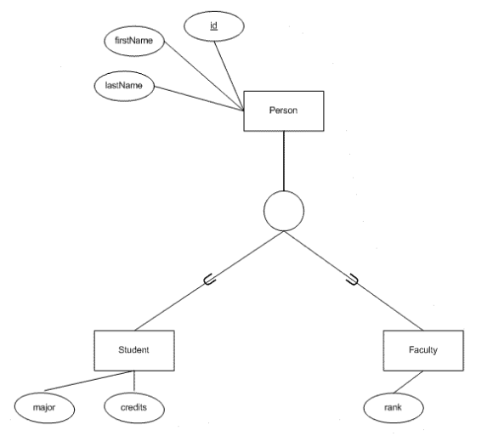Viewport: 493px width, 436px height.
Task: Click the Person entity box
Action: coord(284,111)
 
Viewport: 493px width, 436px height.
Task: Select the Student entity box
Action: coord(134,350)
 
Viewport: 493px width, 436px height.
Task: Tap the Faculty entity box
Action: coord(423,350)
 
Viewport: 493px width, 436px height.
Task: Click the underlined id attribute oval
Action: coord(214,26)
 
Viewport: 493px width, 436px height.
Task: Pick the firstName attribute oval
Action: coord(134,41)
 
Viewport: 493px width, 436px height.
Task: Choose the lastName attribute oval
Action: coord(124,86)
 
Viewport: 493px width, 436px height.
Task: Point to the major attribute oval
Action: coord(44,408)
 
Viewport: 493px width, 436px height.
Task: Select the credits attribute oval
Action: coord(134,408)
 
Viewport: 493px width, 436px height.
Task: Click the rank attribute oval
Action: coord(394,408)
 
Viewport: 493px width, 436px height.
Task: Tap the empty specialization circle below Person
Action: coord(284,191)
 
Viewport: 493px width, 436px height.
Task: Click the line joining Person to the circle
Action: coord(284,161)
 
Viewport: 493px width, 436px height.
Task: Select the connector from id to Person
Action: coord(229,76)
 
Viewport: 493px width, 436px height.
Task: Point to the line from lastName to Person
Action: coord(199,99)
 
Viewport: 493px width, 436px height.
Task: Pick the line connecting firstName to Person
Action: coord(204,76)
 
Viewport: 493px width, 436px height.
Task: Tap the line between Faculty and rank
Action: coord(408,382)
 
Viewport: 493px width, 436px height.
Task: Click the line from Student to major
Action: coord(89,381)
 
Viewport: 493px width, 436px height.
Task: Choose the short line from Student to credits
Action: coord(134,381)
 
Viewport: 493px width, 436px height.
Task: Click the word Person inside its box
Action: coord(283,110)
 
